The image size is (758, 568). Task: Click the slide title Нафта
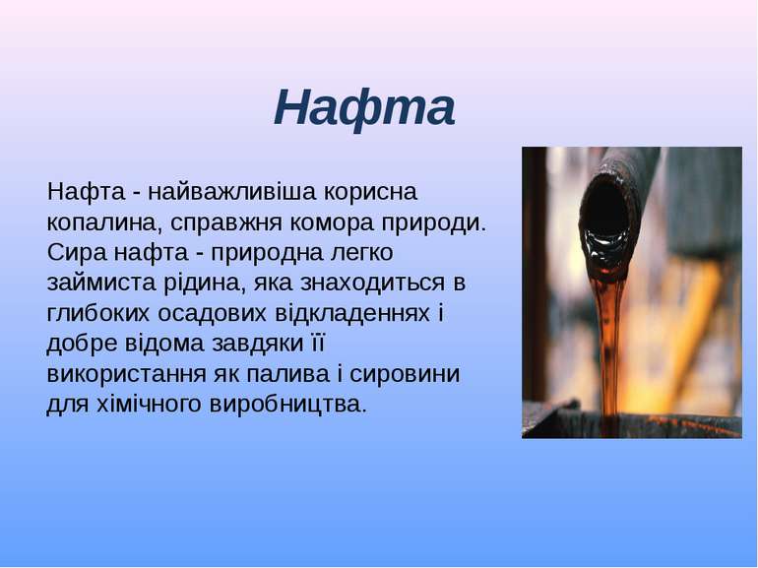click(364, 108)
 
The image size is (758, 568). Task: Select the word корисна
click(370, 192)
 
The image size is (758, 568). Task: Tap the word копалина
click(104, 222)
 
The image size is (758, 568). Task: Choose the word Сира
click(77, 253)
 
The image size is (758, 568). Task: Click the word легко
click(361, 253)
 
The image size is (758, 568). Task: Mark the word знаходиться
click(372, 284)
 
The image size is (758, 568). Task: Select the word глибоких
click(98, 314)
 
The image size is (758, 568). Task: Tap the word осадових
click(212, 314)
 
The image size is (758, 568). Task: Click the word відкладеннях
click(352, 314)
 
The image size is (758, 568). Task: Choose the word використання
click(126, 374)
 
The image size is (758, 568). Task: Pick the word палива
click(289, 375)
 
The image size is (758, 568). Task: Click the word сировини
click(405, 375)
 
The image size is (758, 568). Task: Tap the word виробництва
click(288, 405)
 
